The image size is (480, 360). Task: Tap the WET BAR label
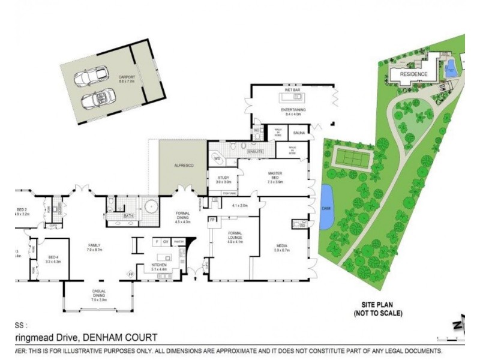tap(293, 90)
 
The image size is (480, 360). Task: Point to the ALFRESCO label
tap(183, 165)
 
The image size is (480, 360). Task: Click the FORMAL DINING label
tap(182, 217)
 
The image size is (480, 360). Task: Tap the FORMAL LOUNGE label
tap(234, 238)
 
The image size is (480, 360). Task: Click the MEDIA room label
tap(283, 247)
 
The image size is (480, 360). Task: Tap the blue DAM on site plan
tap(327, 207)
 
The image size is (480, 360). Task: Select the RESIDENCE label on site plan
tap(414, 74)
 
